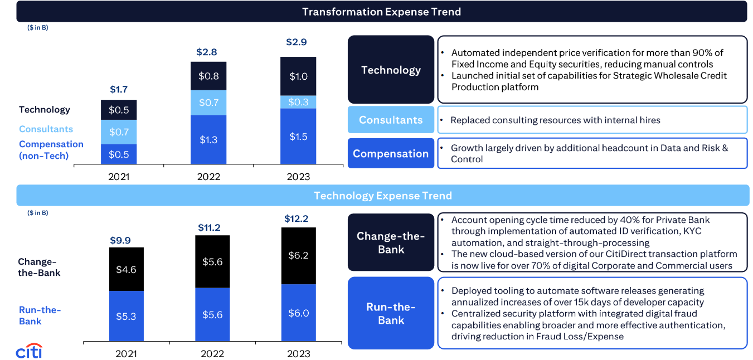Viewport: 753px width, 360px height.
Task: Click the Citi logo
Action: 29,352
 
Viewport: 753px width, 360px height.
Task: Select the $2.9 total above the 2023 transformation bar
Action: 296,42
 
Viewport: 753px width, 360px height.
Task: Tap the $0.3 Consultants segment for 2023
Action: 298,102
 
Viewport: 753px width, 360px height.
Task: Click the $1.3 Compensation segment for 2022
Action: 208,139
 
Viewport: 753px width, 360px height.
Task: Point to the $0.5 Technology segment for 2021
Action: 119,110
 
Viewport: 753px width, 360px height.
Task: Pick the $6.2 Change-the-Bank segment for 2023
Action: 298,256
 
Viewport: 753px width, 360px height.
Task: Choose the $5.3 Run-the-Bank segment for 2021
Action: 126,316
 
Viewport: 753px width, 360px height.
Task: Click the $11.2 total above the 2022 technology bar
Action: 210,227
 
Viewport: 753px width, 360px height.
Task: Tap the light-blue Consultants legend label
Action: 46,129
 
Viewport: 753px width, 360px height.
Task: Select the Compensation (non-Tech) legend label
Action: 51,149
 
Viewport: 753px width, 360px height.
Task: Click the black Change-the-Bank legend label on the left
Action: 39,267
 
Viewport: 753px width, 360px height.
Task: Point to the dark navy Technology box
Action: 391,70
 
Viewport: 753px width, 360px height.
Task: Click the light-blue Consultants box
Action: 391,120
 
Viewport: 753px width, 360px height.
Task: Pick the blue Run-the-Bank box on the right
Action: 391,313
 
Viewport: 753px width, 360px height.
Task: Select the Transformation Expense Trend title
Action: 381,11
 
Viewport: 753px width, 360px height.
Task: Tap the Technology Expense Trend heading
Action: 382,196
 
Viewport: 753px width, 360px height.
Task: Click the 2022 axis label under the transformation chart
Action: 208,177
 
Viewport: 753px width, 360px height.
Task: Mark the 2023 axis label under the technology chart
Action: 298,353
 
